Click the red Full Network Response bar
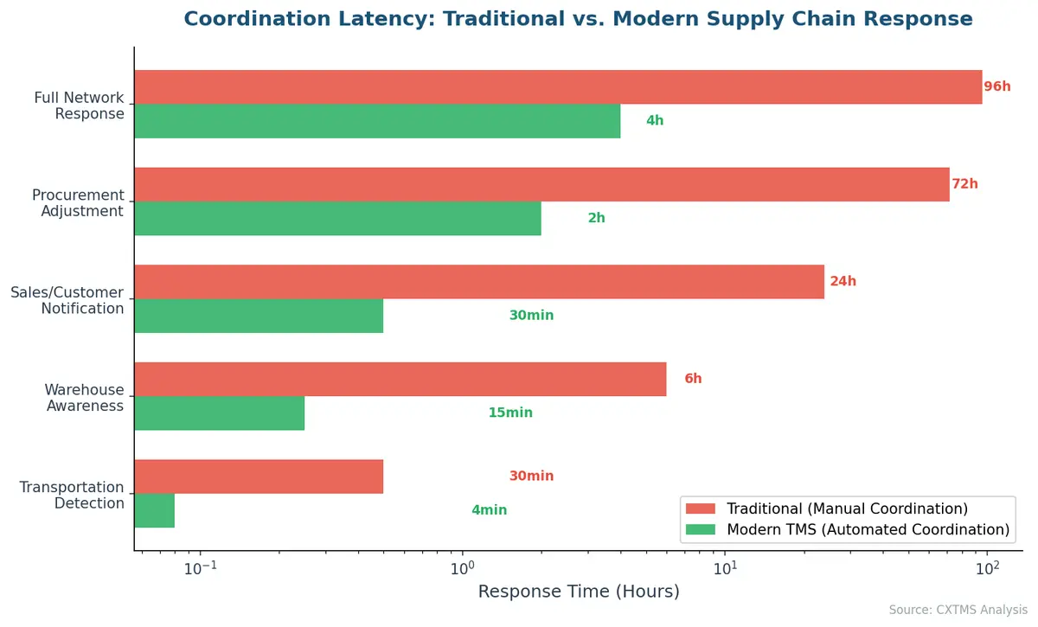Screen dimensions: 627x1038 click(558, 87)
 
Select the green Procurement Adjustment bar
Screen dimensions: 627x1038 click(337, 219)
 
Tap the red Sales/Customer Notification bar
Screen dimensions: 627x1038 click(479, 282)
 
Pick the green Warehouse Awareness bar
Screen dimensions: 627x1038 click(220, 413)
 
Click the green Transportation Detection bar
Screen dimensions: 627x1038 click(155, 511)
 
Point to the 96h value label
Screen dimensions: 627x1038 click(997, 86)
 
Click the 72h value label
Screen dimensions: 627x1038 click(965, 184)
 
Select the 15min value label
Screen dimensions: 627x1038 click(510, 413)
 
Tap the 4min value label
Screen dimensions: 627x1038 click(489, 511)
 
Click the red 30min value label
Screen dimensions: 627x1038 click(531, 477)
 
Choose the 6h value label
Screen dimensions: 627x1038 click(693, 379)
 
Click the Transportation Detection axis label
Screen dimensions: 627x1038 click(72, 496)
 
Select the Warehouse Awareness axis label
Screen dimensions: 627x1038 click(84, 398)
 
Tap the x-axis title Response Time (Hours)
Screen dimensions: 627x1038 click(579, 592)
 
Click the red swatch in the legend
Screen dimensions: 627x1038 click(701, 509)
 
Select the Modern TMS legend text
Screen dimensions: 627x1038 click(868, 529)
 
